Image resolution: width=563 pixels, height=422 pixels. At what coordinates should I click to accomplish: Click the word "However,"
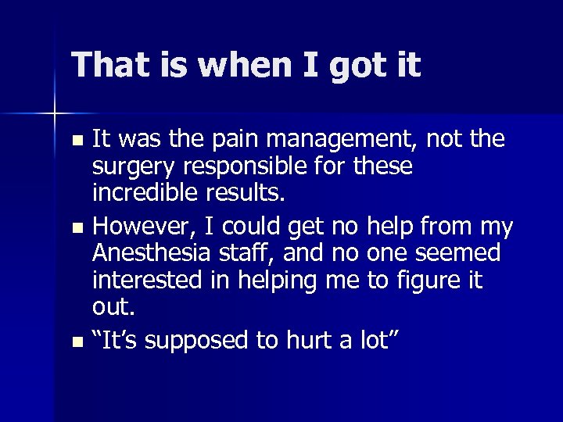(x=142, y=227)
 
